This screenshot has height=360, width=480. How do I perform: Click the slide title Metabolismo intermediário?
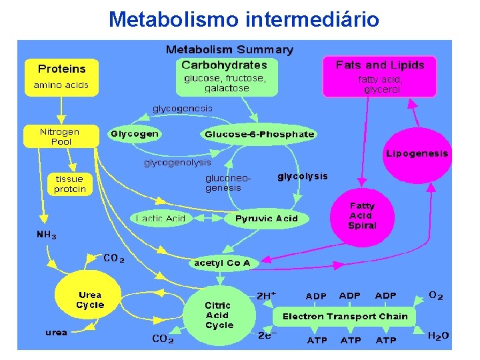pyautogui.click(x=243, y=19)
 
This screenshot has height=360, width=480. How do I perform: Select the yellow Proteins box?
pyautogui.click(x=61, y=77)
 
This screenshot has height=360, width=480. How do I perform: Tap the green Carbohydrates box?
pyautogui.click(x=225, y=76)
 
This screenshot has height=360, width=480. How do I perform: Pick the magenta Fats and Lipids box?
pyautogui.click(x=379, y=76)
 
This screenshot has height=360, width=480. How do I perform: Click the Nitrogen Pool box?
pyautogui.click(x=59, y=137)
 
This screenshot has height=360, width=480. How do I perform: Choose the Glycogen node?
pyautogui.click(x=135, y=134)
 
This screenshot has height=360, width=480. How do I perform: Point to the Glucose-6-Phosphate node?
pyautogui.click(x=259, y=134)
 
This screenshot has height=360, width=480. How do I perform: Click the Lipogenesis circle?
pyautogui.click(x=417, y=155)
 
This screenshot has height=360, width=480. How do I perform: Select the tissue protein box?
pyautogui.click(x=70, y=184)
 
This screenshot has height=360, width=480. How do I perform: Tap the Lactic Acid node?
pyautogui.click(x=161, y=219)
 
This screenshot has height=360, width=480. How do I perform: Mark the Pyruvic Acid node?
pyautogui.click(x=267, y=219)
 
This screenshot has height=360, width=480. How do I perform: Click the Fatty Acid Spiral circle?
pyautogui.click(x=362, y=216)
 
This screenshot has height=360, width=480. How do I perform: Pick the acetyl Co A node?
pyautogui.click(x=223, y=263)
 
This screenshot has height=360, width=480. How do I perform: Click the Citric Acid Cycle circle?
pyautogui.click(x=219, y=315)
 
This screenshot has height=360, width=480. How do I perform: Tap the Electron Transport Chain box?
pyautogui.click(x=345, y=316)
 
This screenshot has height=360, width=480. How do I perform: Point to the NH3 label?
pyautogui.click(x=46, y=235)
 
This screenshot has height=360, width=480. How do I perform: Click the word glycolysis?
pyautogui.click(x=303, y=177)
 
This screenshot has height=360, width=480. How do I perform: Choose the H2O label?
pyautogui.click(x=438, y=337)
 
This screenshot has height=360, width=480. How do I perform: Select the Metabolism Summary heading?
pyautogui.click(x=229, y=50)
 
